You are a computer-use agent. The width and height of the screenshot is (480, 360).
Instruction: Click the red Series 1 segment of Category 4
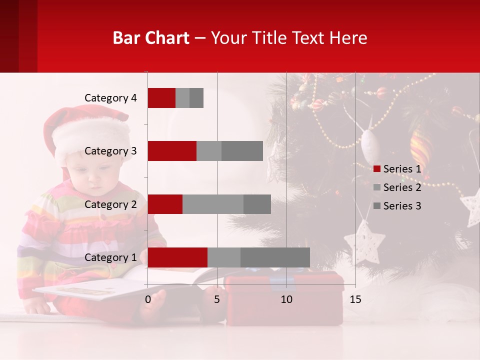coord(161,98)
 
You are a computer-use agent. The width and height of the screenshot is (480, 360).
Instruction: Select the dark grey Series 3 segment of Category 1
coord(275,257)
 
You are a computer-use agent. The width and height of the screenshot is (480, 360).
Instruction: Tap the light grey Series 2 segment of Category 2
coord(213,204)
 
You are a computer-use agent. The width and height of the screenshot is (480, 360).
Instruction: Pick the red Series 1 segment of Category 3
coord(172,151)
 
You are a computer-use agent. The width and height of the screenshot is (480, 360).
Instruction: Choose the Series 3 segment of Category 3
coord(242,151)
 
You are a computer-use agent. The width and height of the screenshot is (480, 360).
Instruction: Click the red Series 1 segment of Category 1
coord(177,257)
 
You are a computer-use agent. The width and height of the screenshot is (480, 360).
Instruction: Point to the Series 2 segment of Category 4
coord(182,98)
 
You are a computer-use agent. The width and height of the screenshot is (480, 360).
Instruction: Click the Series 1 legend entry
coord(397,169)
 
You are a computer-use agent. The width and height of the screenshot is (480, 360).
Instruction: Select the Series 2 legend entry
coord(397,187)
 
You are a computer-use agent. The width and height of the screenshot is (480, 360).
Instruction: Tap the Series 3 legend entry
coord(397,206)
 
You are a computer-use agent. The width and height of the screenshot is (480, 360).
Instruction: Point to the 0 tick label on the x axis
coord(148,300)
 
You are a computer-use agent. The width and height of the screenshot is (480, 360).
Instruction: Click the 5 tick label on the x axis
coord(217,300)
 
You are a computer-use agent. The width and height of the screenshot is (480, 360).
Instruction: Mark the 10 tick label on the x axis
coord(286,300)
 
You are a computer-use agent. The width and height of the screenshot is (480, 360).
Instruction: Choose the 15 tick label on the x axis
coord(355,300)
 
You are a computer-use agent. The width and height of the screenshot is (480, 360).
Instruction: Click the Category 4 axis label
coord(110,98)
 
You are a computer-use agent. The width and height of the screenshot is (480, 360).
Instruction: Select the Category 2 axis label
coord(110,204)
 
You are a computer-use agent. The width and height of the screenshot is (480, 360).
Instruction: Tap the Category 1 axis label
coord(110,257)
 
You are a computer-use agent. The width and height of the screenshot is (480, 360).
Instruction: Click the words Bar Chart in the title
coord(151,38)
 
